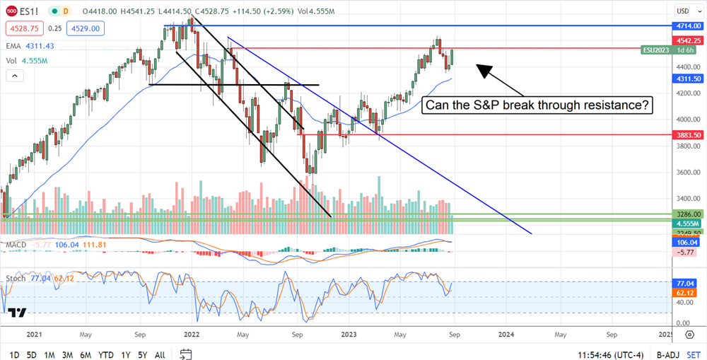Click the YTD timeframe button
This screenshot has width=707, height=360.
pos(107,354)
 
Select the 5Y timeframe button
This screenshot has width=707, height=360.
pos(142,354)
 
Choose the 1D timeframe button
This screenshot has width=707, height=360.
pos(14,354)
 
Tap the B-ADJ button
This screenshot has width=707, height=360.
pos(668,354)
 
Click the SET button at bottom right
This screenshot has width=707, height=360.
pos(694,354)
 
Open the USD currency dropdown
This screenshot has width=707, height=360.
pos(686,11)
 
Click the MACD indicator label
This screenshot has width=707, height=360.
pos(17,245)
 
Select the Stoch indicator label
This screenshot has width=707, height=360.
pos(17,278)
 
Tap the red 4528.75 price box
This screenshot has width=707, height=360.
pos(24,28)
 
